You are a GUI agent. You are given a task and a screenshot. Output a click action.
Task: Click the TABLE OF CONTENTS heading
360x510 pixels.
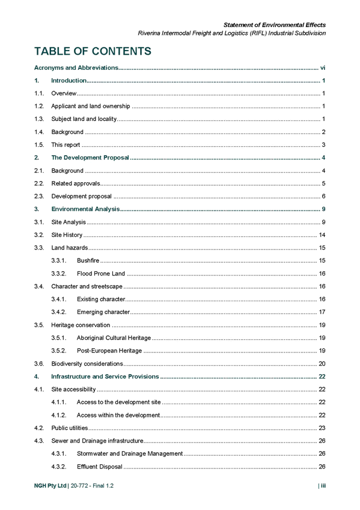pos(93,51)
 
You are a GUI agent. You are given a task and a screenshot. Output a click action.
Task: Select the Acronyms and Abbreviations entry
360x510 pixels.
pos(76,67)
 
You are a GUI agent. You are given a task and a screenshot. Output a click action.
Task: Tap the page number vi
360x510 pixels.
pos(323,67)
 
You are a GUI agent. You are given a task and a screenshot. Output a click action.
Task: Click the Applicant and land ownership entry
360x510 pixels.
pos(91,106)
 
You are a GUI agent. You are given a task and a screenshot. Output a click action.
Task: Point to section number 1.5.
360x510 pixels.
pos(39,145)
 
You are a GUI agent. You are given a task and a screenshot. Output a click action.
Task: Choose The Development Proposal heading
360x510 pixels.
pos(90,158)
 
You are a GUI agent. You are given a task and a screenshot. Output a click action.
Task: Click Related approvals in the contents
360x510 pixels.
pos(76,183)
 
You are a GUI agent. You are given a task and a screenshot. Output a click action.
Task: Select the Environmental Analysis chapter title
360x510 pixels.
pos(85,209)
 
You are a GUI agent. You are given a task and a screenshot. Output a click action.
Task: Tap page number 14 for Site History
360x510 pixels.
pos(322,235)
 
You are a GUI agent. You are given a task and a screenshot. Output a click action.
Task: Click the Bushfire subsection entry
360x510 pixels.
pos(88,260)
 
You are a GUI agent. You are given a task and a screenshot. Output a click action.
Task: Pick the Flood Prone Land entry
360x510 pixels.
pos(101,274)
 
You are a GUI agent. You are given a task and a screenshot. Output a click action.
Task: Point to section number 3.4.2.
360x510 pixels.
pos(59,312)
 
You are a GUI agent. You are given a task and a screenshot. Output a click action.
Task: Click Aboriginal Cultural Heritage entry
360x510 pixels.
pos(114,338)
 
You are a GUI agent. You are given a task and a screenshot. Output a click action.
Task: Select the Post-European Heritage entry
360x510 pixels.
pos(109,351)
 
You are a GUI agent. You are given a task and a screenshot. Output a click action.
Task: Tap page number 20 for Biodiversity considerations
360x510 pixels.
pos(322,364)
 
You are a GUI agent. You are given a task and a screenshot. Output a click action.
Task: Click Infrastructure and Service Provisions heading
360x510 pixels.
pos(105,376)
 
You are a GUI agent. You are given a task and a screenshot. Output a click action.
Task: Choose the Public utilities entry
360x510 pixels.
pos(70,428)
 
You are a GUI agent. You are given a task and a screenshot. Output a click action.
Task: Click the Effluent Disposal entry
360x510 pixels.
pos(99,467)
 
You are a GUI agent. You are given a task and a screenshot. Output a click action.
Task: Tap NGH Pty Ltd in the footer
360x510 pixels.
pos(50,485)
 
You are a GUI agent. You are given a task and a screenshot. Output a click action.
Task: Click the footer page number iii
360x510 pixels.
pos(323,485)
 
